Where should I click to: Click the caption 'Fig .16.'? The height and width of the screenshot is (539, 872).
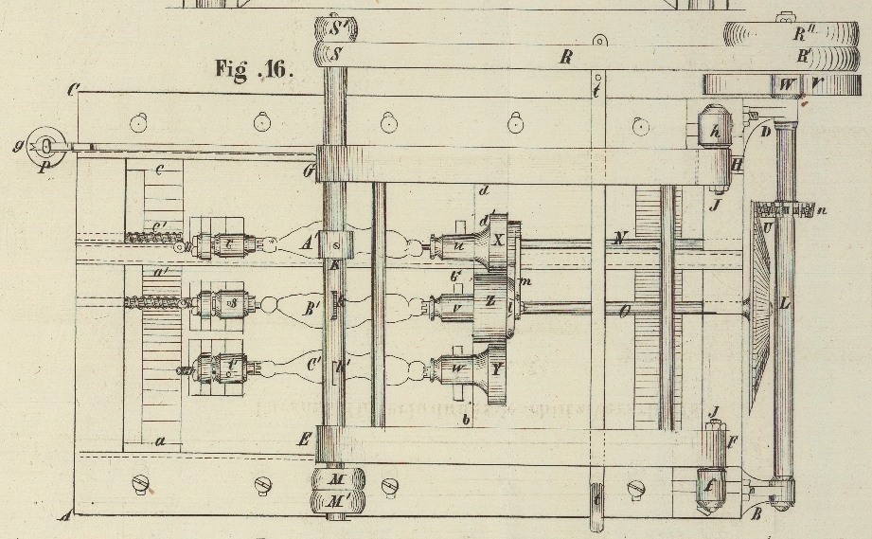tap(253, 70)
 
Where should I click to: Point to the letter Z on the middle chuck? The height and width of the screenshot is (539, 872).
tap(489, 300)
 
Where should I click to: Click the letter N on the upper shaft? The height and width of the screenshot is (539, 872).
tap(619, 239)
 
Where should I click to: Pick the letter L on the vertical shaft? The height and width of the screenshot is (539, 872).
tap(784, 305)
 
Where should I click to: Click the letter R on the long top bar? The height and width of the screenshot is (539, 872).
tap(565, 58)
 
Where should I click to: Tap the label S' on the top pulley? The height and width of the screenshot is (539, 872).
tap(339, 27)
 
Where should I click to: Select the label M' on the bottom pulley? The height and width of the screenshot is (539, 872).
tap(338, 501)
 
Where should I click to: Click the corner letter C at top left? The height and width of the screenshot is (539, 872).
tap(72, 91)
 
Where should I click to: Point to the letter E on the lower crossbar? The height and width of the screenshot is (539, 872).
tap(304, 439)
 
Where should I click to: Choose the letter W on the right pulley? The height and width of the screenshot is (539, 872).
tap(788, 84)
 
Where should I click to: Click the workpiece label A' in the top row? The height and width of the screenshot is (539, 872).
tap(307, 243)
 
